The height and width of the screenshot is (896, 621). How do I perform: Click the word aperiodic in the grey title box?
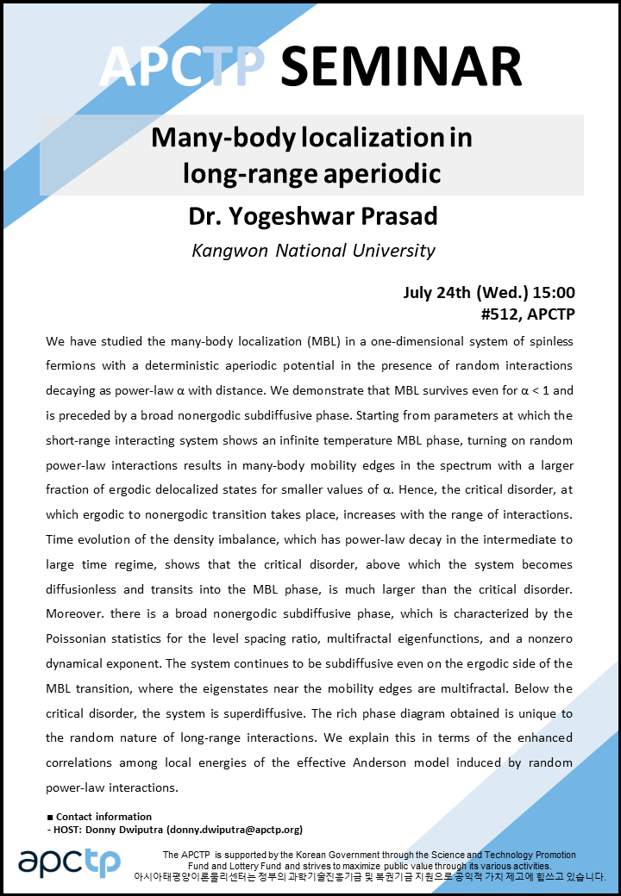[375, 173]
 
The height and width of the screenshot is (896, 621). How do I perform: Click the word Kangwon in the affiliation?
[230, 251]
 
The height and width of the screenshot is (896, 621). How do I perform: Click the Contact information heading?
[103, 817]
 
